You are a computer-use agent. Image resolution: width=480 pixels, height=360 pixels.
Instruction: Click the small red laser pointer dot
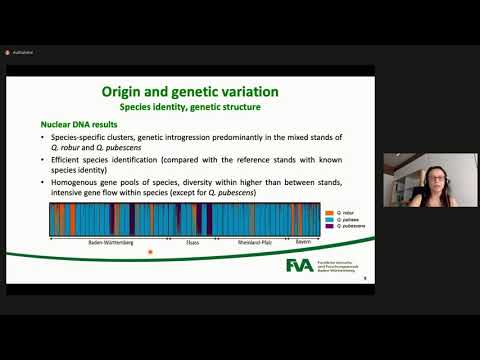point(150,252)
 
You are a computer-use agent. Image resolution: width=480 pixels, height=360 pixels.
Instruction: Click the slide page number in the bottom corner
point(365,279)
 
